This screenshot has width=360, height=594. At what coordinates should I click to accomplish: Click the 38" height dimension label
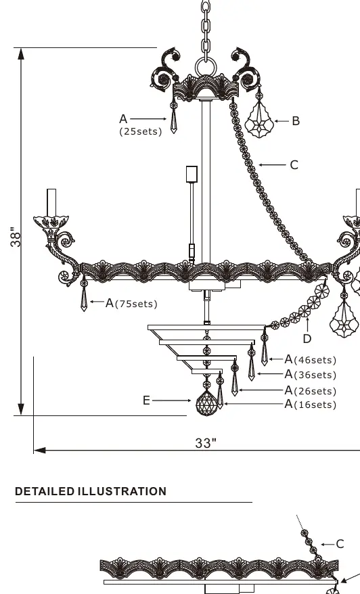click(16, 237)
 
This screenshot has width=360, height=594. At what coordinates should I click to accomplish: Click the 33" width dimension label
click(206, 443)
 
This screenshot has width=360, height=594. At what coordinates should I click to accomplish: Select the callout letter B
click(296, 121)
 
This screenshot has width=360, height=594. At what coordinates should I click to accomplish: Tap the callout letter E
click(147, 401)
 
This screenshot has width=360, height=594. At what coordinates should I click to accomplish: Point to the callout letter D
click(307, 338)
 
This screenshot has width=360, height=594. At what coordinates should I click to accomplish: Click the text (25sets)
click(141, 131)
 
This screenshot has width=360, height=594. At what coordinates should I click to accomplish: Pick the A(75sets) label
click(131, 303)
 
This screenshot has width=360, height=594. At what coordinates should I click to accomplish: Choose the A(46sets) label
click(311, 359)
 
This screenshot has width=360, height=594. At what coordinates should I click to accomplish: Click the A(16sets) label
click(311, 404)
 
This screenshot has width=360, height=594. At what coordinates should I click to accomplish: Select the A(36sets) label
click(311, 374)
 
